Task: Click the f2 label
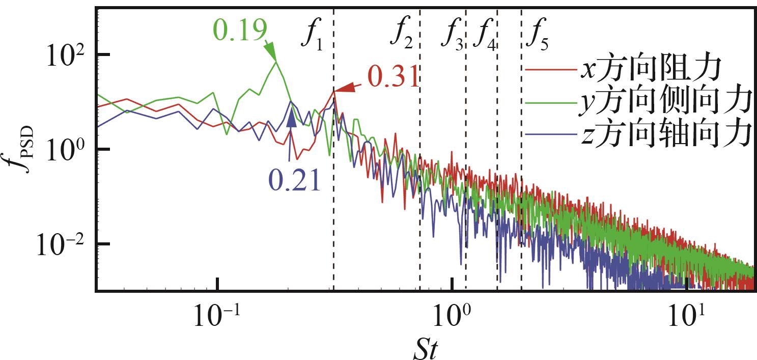(x=402, y=36)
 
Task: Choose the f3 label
(x=452, y=36)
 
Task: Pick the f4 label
(x=484, y=36)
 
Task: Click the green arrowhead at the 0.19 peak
(x=273, y=53)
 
